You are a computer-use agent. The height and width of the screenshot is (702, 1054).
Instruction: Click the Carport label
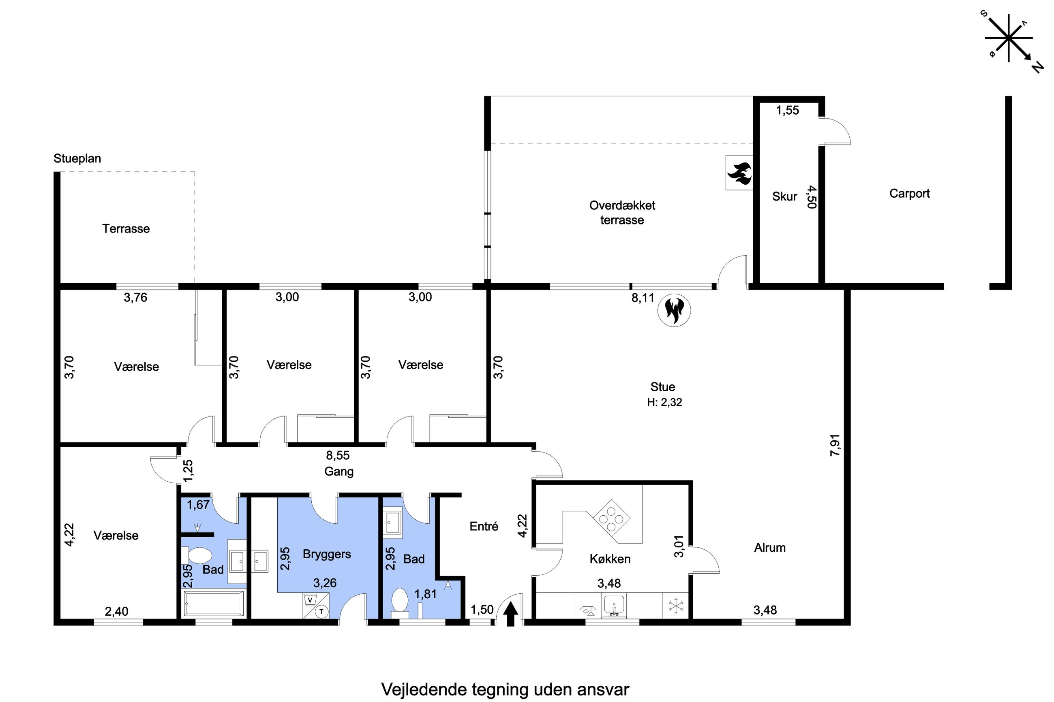909,193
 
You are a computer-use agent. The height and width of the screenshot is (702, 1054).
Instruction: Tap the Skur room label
784,196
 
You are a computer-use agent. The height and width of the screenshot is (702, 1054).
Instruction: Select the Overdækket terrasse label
622,213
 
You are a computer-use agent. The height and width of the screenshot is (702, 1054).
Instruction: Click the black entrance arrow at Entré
511,614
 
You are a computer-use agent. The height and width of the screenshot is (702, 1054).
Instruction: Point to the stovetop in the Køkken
611,519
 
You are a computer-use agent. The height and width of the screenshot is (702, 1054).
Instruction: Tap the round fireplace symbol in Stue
674,310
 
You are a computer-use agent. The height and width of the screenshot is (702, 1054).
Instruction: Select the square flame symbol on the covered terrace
739,173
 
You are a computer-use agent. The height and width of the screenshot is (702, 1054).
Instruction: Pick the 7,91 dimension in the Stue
835,445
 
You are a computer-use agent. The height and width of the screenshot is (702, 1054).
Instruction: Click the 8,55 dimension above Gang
337,455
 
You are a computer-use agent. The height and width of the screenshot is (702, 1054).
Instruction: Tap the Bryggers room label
327,554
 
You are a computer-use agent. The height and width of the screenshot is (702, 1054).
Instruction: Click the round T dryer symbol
321,611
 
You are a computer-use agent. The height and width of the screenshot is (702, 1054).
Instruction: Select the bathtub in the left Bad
214,604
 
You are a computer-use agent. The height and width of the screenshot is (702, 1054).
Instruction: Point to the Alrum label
769,548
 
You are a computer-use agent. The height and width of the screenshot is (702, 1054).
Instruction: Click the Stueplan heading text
77,158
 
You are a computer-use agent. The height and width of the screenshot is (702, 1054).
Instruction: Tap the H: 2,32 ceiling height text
664,402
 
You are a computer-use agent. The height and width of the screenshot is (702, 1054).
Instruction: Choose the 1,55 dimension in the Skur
788,110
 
